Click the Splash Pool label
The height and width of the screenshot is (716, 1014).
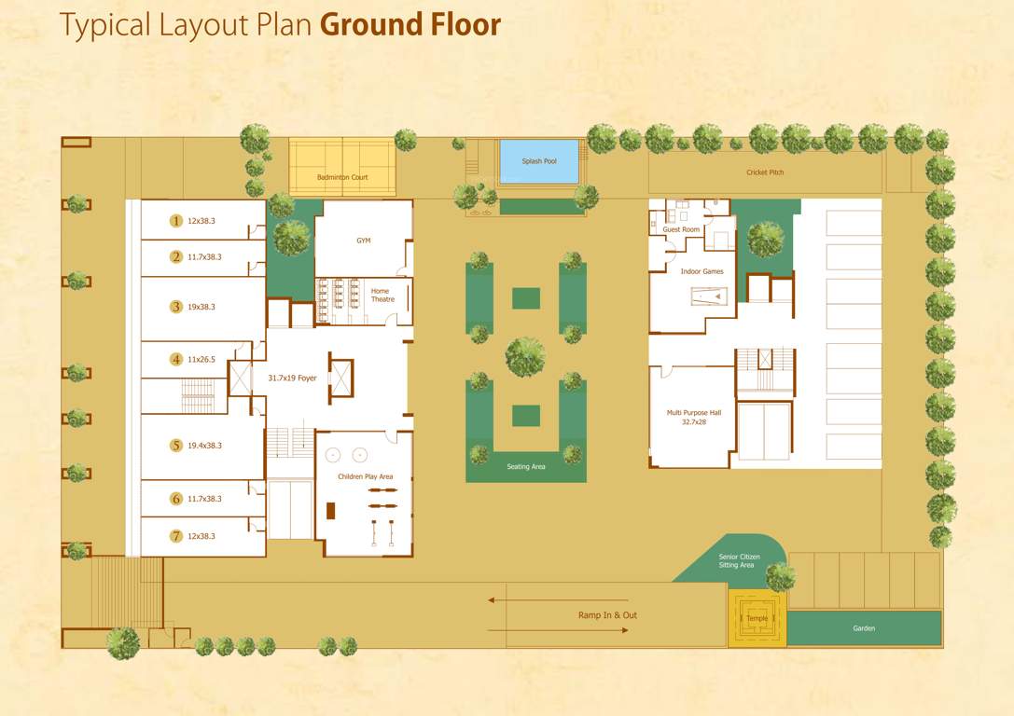click(x=539, y=161)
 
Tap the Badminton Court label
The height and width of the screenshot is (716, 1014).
click(x=342, y=177)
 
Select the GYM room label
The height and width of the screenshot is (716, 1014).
click(x=364, y=241)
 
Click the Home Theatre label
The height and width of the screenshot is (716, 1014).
click(x=382, y=295)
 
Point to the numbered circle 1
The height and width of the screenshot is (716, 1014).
click(x=175, y=221)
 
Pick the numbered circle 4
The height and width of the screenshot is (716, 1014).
click(x=175, y=359)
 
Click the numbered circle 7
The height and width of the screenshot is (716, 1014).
click(x=175, y=536)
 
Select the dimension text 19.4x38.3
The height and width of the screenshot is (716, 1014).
click(x=205, y=446)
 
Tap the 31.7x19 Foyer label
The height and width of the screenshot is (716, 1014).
click(x=292, y=379)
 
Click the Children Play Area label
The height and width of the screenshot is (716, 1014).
click(x=365, y=476)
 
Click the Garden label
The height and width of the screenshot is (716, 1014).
click(x=864, y=628)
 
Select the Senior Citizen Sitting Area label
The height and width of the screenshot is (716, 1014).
click(x=739, y=560)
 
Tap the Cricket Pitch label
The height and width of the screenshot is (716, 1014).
click(x=765, y=172)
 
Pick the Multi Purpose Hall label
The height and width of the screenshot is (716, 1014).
click(x=693, y=417)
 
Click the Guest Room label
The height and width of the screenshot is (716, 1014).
click(x=681, y=229)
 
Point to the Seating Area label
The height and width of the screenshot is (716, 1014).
click(x=526, y=466)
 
